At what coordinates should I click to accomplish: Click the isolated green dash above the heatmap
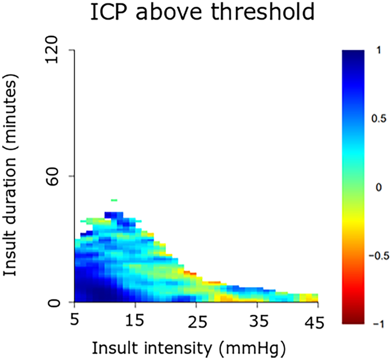click(x=114, y=200)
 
